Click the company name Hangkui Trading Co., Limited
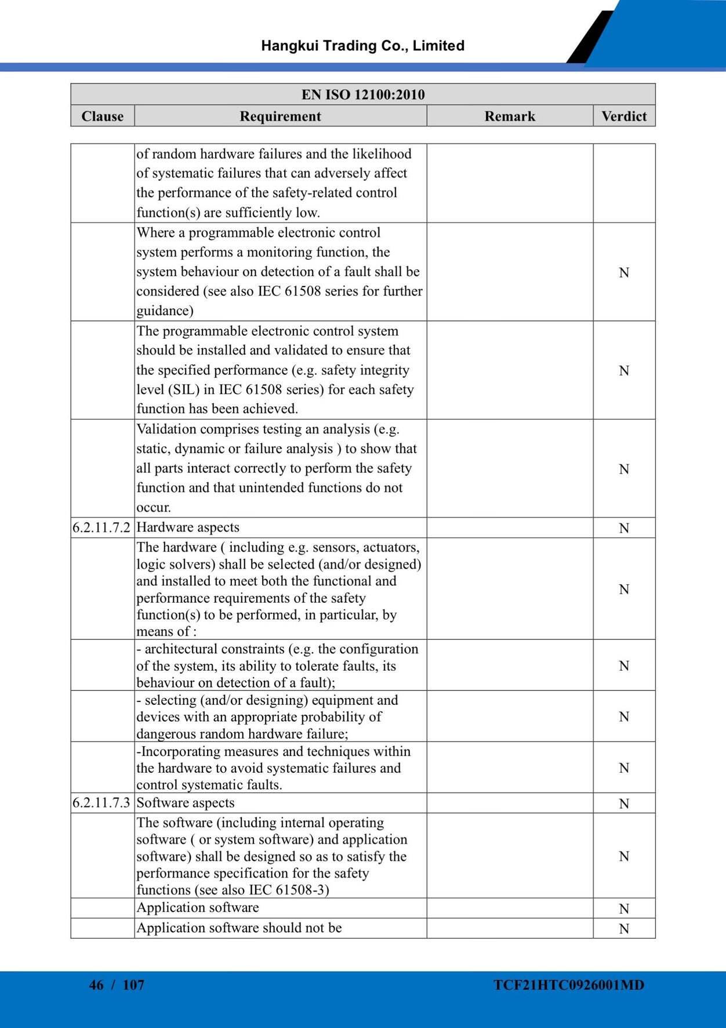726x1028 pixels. pos(362,46)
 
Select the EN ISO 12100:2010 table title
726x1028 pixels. pos(363,95)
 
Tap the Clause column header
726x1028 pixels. pos(102,116)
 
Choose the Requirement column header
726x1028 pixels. pos(280,116)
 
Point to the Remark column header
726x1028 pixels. pos(510,116)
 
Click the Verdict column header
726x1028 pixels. pos(624,116)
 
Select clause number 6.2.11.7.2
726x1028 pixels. pos(101,527)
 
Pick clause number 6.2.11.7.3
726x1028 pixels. pos(101,803)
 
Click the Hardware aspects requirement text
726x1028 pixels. pos(188,527)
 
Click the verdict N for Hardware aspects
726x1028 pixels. pos(624,528)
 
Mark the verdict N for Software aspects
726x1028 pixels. pos(624,803)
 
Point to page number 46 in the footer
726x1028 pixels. pos(96,984)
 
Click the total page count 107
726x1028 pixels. pos(133,984)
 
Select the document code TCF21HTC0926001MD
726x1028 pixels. pos(569,984)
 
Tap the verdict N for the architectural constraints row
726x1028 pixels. pos(624,665)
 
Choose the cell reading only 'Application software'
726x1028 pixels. pos(198,907)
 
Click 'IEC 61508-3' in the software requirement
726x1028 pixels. pos(289,890)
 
